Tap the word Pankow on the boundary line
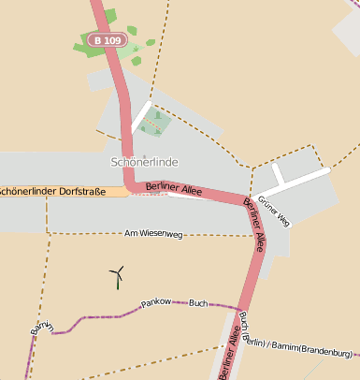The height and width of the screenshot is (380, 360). tap(157, 304)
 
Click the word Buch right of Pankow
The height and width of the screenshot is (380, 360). tap(198, 304)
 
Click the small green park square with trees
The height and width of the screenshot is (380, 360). tap(157, 121)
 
